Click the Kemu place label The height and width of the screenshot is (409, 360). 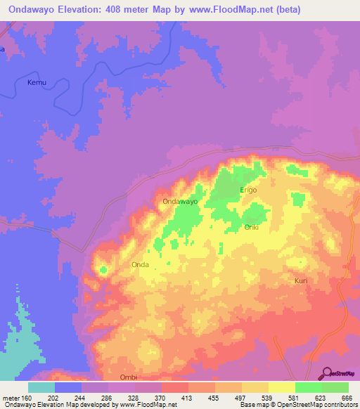[36, 83]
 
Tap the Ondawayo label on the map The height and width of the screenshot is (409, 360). [179, 202]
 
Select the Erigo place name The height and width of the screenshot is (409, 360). [248, 190]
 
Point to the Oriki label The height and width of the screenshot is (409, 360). [252, 227]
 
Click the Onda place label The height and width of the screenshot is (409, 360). [139, 265]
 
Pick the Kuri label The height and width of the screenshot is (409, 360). [300, 280]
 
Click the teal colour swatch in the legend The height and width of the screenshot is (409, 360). [41, 387]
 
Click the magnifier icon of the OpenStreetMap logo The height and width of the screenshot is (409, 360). [327, 372]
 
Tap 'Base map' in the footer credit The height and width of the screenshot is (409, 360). [252, 405]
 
